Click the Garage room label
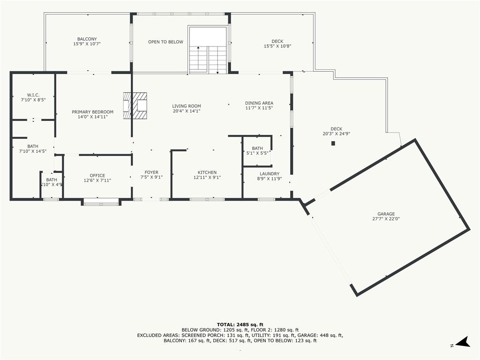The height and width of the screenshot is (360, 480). click(x=386, y=216)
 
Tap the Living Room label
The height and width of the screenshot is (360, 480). click(x=186, y=108)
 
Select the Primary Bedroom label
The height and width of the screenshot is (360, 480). click(x=92, y=114)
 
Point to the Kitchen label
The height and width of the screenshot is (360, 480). click(x=207, y=175)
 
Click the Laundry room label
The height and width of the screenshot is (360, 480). click(x=268, y=176)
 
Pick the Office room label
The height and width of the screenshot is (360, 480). click(x=97, y=178)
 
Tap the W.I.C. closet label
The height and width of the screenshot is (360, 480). click(x=33, y=97)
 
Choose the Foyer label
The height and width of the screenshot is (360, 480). click(x=151, y=175)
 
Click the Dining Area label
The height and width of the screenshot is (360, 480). click(x=259, y=105)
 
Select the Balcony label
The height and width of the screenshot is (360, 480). click(x=87, y=41)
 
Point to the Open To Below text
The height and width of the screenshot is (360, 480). click(x=165, y=42)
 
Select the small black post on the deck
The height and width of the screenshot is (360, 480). click(x=333, y=143)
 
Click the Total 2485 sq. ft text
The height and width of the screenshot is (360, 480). click(x=240, y=324)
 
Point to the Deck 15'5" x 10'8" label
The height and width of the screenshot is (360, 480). click(x=277, y=44)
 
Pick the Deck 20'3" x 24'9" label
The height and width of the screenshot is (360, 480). click(x=336, y=131)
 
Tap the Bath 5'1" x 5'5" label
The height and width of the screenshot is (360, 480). click(x=257, y=150)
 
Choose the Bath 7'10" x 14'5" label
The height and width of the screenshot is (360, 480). click(x=33, y=149)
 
